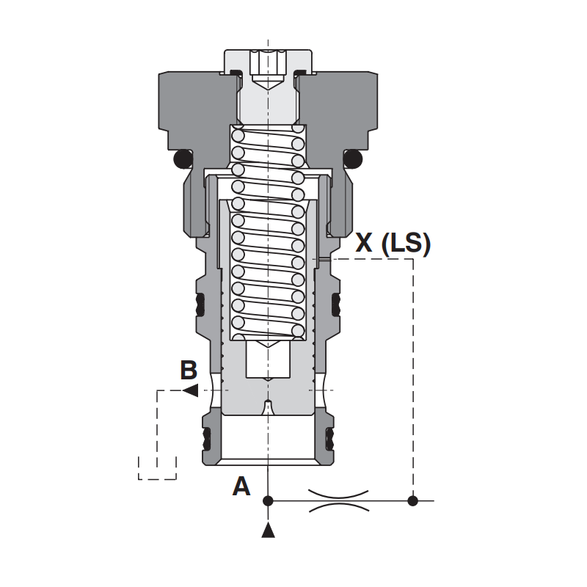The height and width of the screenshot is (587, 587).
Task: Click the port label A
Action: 241,486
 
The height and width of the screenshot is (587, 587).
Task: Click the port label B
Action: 189,370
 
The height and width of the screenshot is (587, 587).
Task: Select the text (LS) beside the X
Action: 406,244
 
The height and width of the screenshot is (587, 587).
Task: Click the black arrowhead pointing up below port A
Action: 268,531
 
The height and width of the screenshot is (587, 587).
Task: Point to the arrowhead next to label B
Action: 191,390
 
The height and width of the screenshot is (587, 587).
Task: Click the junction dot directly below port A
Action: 268,500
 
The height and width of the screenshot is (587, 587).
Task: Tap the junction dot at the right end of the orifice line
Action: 412,500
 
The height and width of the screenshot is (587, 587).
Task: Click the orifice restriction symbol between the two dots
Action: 339,500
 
